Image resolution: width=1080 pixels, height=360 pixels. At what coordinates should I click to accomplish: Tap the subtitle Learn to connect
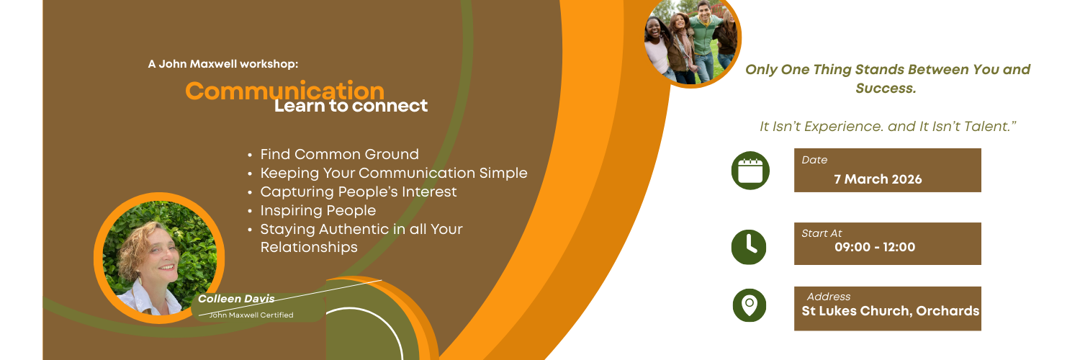pyautogui.click(x=351, y=106)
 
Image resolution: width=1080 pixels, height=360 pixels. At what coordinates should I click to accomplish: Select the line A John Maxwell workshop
pyautogui.click(x=222, y=64)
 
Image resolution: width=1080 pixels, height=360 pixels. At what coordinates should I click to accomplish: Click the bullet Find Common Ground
pyautogui.click(x=339, y=154)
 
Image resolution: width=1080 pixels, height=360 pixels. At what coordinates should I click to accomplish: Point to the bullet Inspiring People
pyautogui.click(x=318, y=210)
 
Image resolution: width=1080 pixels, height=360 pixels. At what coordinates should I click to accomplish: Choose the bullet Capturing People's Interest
pyautogui.click(x=358, y=192)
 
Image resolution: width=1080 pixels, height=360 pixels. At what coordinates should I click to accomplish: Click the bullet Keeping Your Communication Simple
pyautogui.click(x=393, y=173)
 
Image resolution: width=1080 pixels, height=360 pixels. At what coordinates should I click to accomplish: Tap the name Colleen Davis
pyautogui.click(x=236, y=299)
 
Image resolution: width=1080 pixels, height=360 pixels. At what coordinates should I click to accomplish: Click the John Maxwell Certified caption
pyautogui.click(x=251, y=315)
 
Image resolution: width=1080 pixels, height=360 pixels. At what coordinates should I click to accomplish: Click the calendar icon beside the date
pyautogui.click(x=750, y=171)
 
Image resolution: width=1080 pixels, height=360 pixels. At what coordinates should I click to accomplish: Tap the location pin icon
pyautogui.click(x=750, y=304)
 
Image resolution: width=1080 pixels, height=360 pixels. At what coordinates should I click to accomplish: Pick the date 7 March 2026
pyautogui.click(x=878, y=179)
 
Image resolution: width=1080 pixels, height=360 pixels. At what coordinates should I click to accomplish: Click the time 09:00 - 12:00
pyautogui.click(x=875, y=247)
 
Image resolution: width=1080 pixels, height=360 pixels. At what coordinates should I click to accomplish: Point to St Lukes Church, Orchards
pyautogui.click(x=891, y=311)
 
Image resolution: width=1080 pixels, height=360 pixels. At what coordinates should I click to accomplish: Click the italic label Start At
pyautogui.click(x=822, y=233)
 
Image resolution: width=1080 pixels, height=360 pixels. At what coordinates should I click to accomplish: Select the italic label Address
pyautogui.click(x=828, y=297)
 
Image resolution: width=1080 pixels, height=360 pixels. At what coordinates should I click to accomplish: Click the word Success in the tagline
pyautogui.click(x=885, y=89)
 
